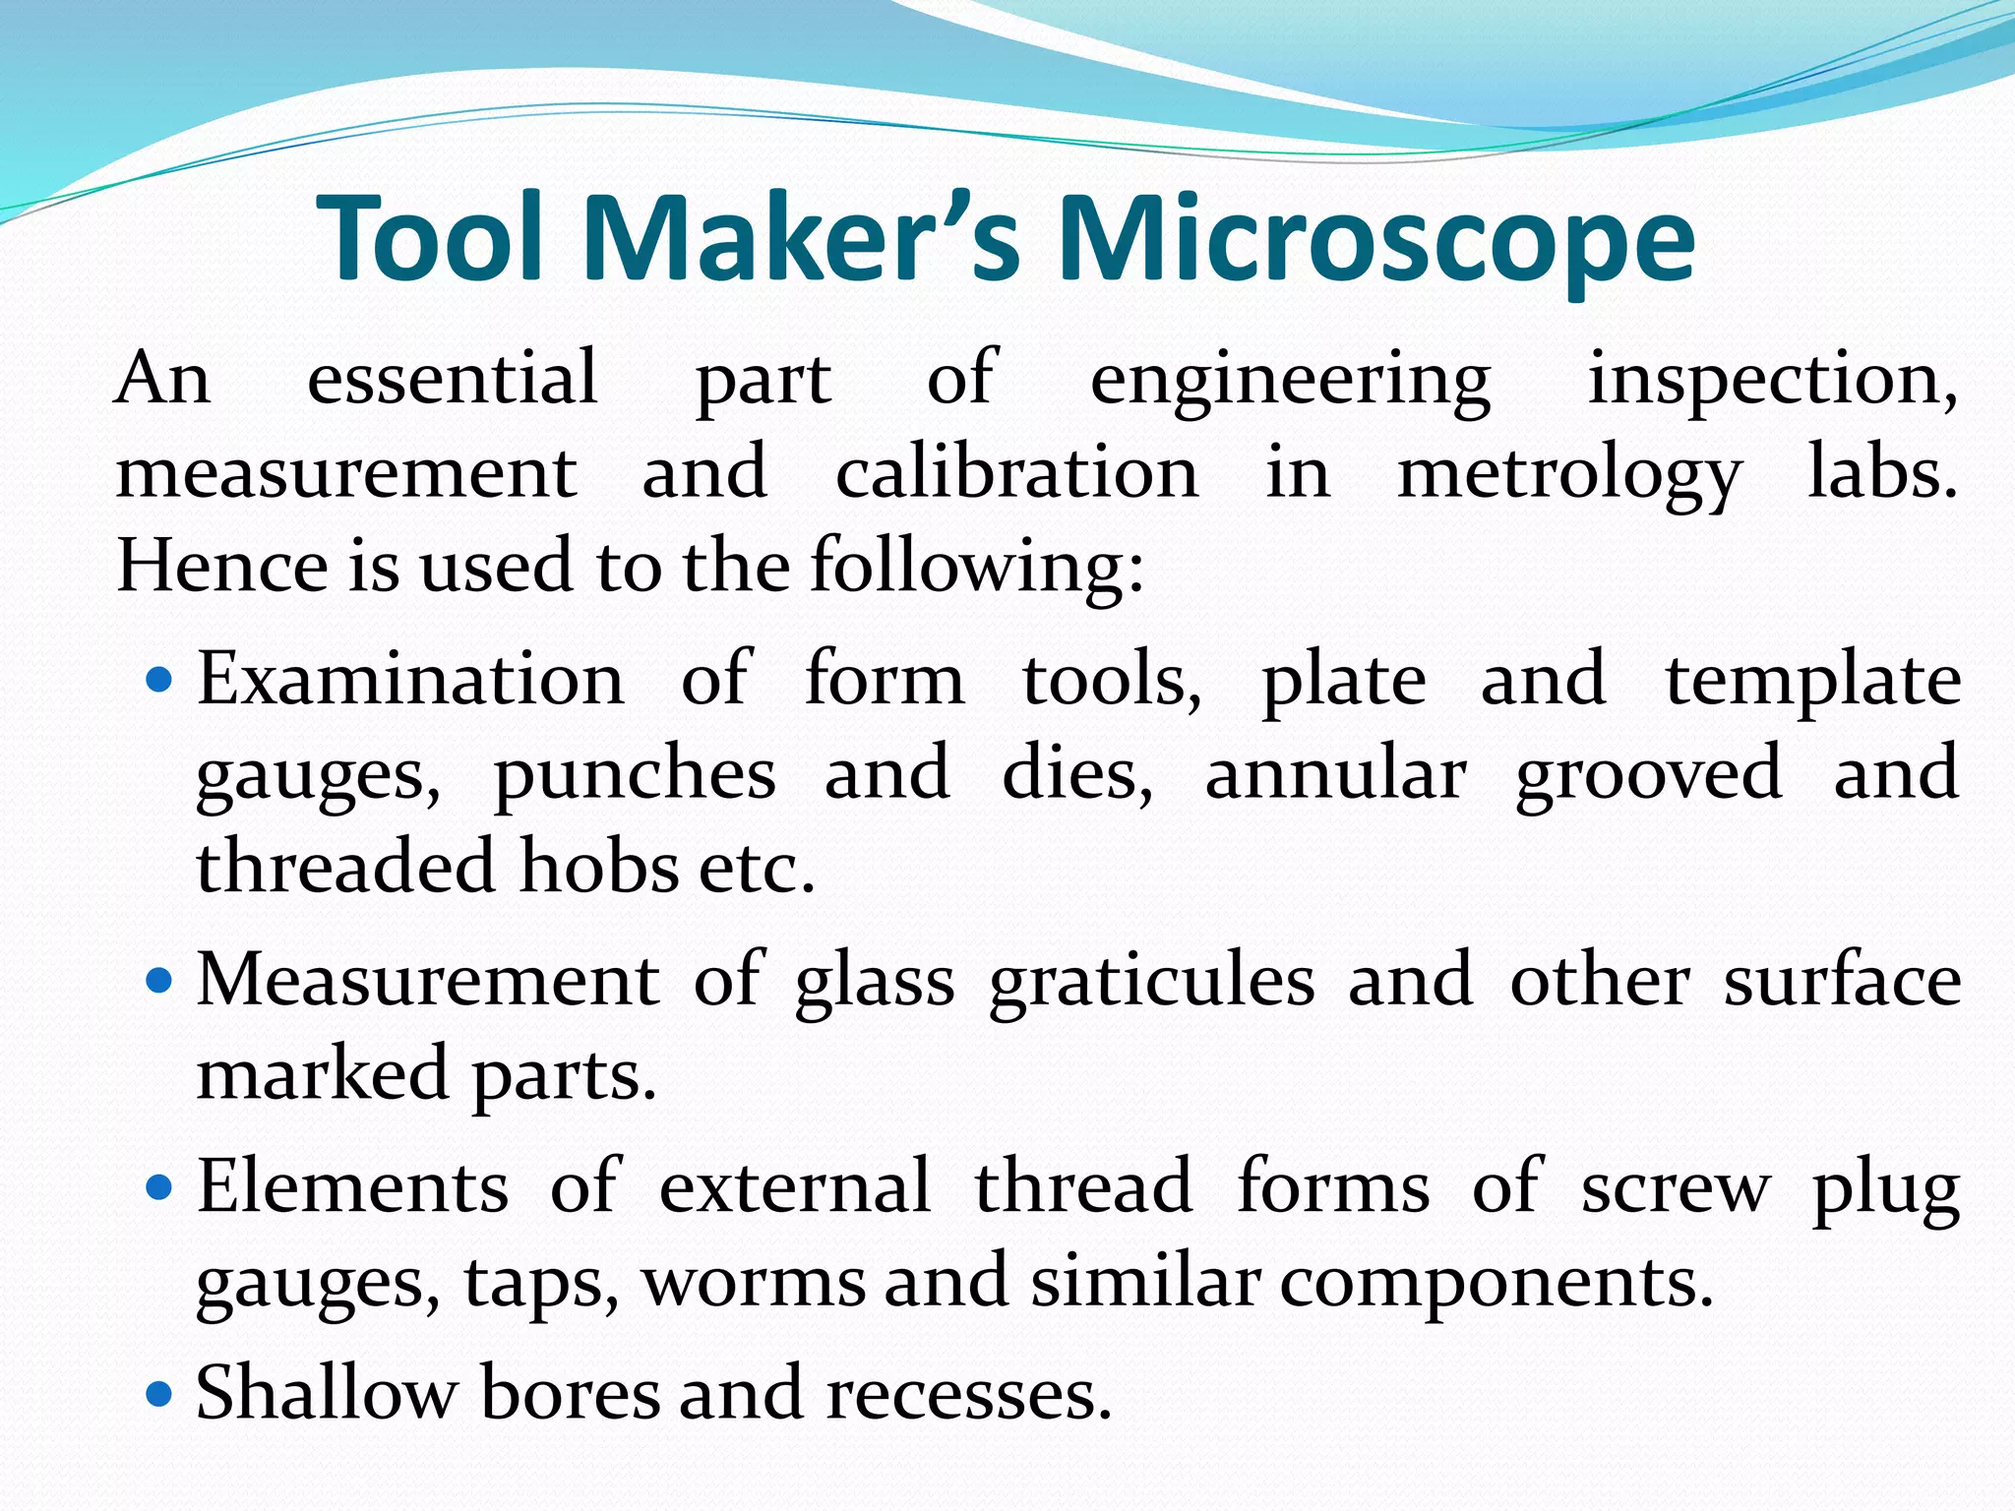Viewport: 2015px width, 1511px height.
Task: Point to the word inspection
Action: coord(1772,380)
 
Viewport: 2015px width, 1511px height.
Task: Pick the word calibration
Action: coord(1017,472)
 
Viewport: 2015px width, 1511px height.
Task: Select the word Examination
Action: coord(410,679)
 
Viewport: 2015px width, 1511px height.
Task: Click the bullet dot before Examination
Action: coord(159,680)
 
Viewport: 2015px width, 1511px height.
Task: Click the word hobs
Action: coord(599,866)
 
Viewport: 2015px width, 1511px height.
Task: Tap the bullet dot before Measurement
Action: coord(159,981)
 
